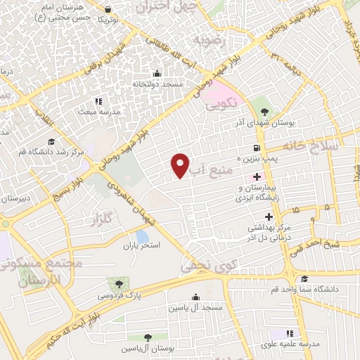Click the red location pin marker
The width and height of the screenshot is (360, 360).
[x=181, y=165]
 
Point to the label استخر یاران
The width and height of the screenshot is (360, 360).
[x=143, y=246]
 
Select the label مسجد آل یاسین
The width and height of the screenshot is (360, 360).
[x=195, y=309]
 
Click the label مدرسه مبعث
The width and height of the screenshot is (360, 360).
[x=96, y=111]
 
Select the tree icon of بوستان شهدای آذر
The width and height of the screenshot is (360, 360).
[x=264, y=112]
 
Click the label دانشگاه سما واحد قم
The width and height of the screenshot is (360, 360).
[x=310, y=289]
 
